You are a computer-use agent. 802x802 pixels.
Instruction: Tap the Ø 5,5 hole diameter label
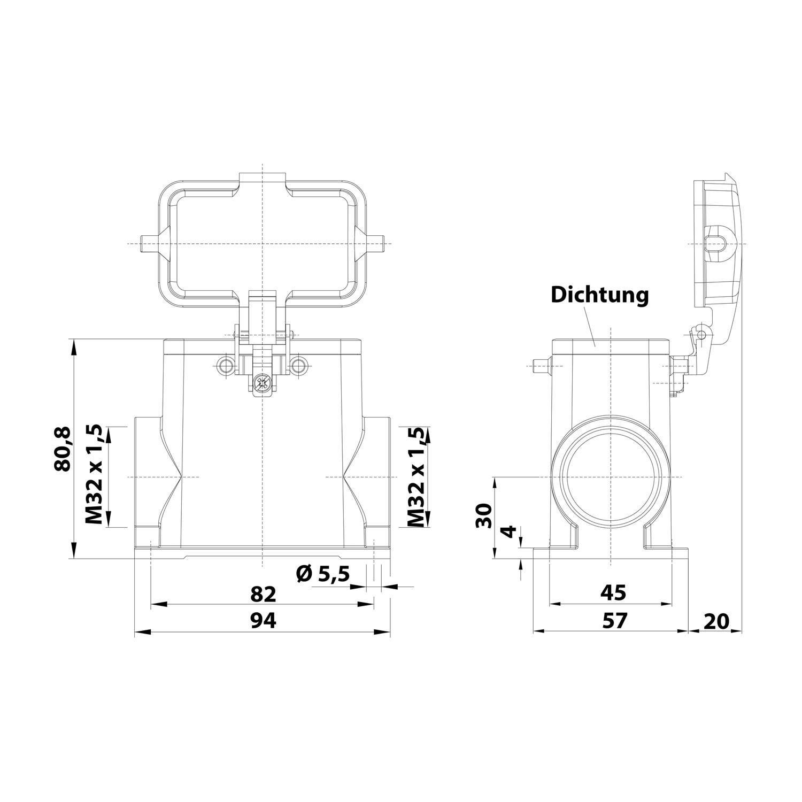pos(322,574)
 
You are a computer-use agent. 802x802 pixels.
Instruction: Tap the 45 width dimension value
pos(613,592)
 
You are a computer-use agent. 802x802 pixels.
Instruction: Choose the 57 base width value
pos(613,620)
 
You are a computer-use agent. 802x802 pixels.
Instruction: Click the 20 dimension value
pos(716,621)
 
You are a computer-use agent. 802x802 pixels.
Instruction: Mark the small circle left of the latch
pos(226,366)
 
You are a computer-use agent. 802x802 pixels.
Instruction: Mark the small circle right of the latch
pos(299,366)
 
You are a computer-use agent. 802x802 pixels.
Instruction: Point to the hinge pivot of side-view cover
pos(701,334)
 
